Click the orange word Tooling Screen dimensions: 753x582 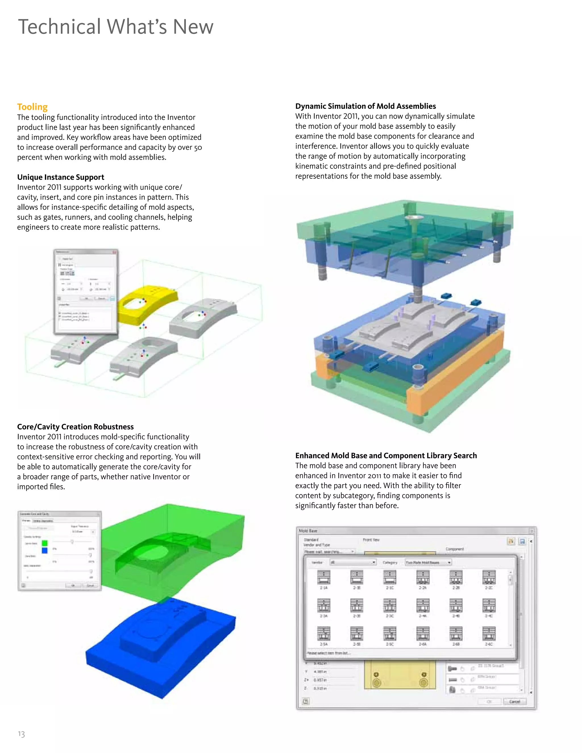point(32,107)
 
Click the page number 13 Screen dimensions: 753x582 point(21,734)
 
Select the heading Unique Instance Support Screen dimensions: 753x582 point(61,177)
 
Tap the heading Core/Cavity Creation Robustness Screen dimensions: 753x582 point(75,427)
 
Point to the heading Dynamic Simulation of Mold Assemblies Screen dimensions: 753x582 point(365,106)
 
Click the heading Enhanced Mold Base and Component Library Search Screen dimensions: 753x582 point(386,456)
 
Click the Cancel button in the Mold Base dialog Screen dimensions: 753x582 point(514,702)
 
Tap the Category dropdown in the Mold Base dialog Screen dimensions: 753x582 point(428,562)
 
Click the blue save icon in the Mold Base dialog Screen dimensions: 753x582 point(522,541)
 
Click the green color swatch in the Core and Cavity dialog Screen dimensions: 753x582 point(45,543)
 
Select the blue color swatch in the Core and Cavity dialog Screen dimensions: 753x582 point(45,551)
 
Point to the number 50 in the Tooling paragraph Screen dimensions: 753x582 point(198,147)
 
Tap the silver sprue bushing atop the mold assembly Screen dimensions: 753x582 point(413,218)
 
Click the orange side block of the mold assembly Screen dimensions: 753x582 point(455,372)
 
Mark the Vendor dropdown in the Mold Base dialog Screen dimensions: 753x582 point(353,562)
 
